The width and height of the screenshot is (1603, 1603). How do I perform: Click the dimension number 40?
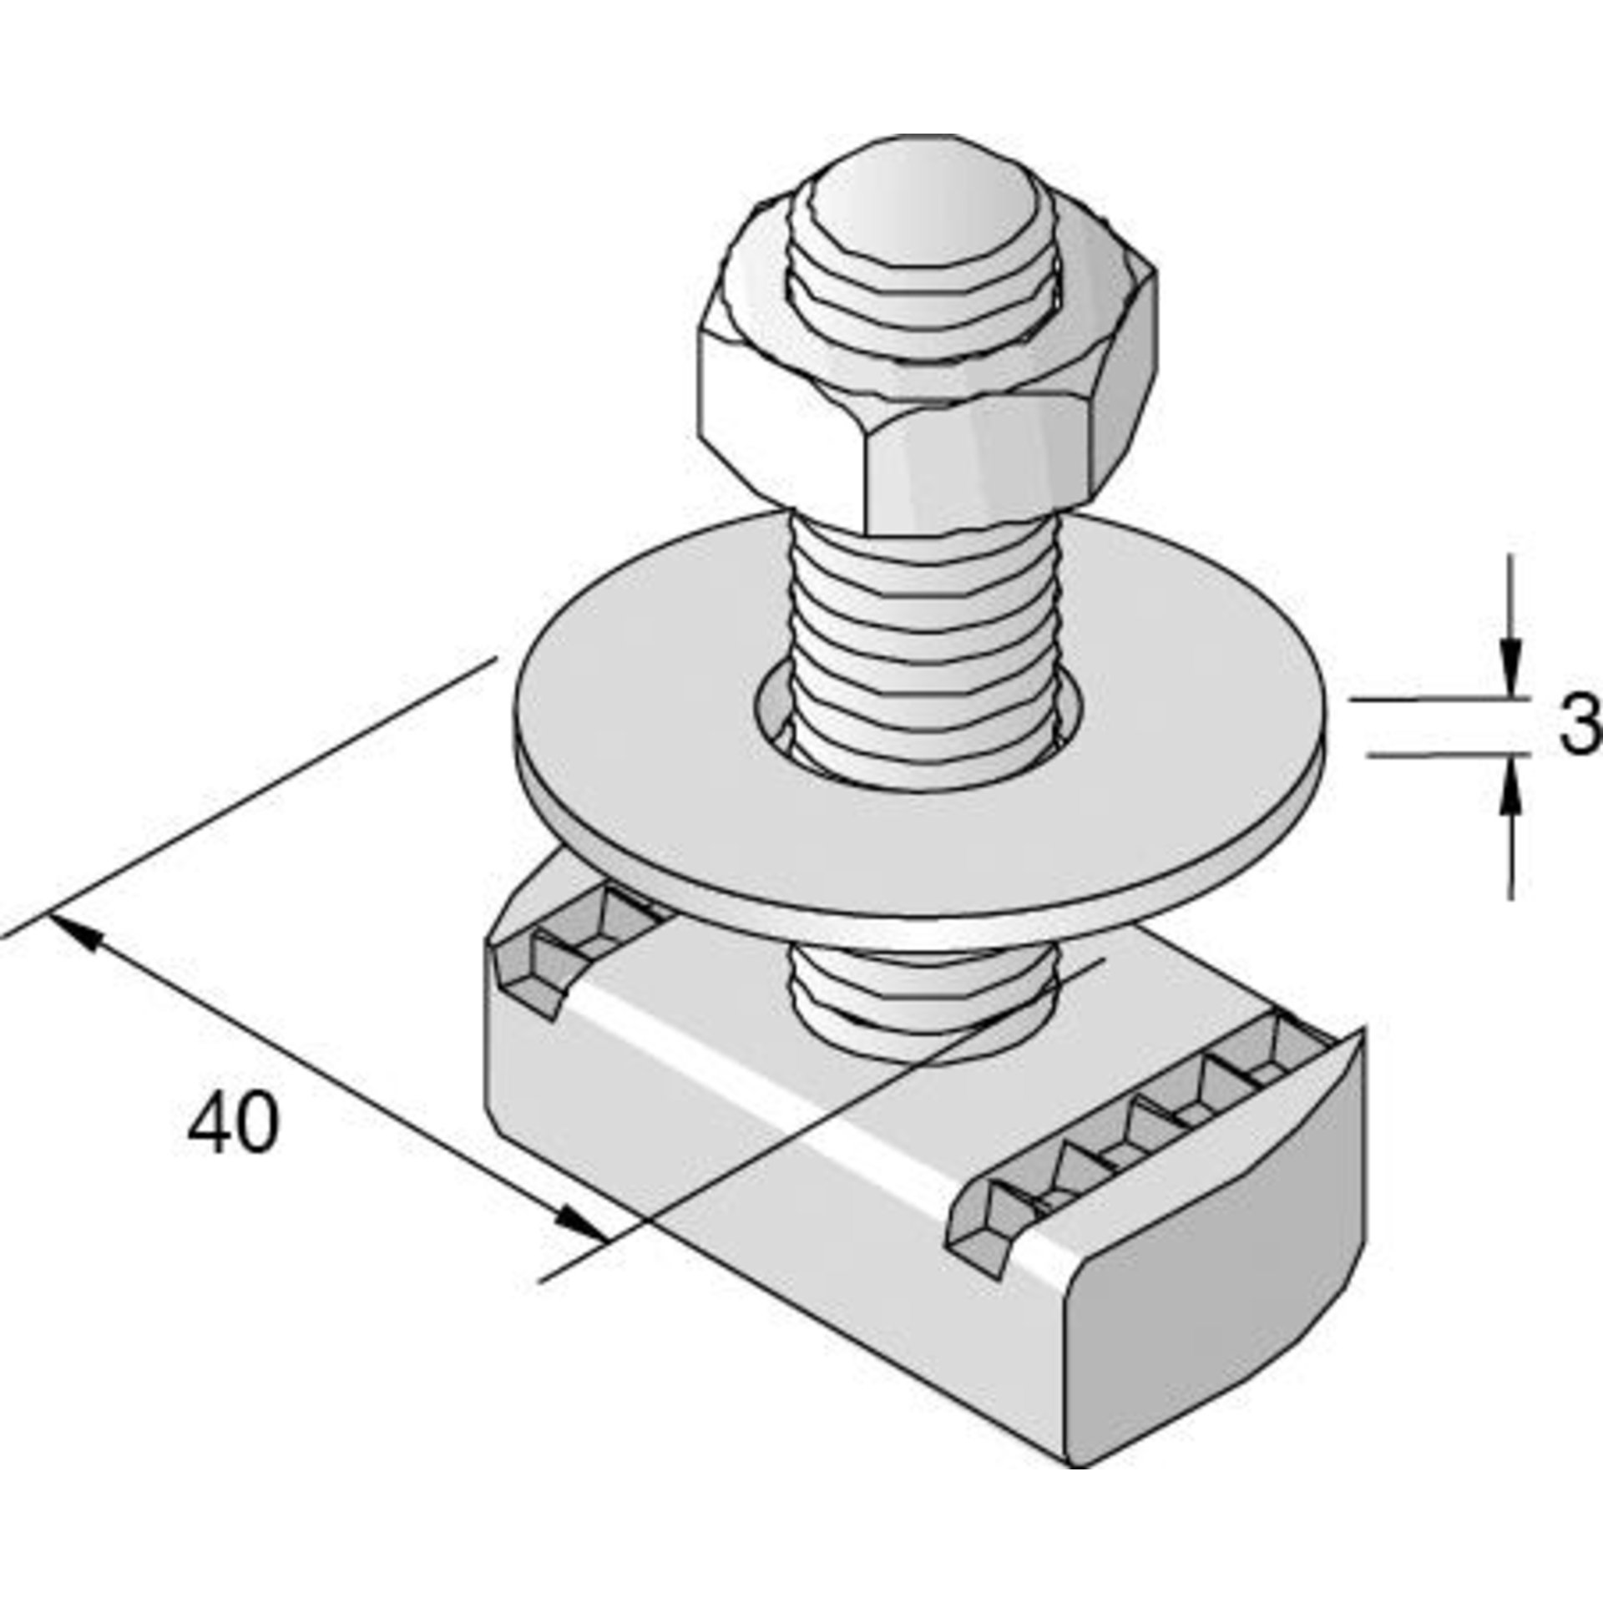pyautogui.click(x=232, y=1122)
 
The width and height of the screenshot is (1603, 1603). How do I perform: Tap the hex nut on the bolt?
pyautogui.click(x=927, y=417)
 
